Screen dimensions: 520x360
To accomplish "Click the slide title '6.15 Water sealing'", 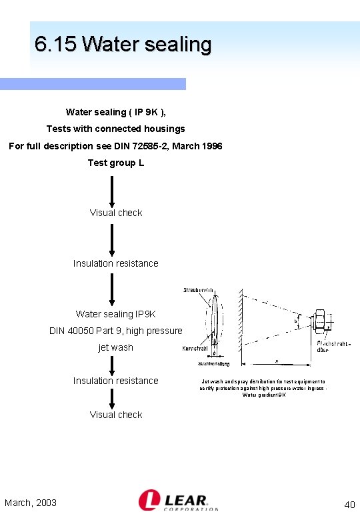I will pyautogui.click(x=123, y=45).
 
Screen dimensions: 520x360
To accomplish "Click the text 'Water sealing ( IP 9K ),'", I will pyautogui.click(x=116, y=112).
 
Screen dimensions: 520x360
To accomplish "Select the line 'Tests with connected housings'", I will pyautogui.click(x=116, y=129).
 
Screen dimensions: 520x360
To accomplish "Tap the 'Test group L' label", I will pyautogui.click(x=116, y=163).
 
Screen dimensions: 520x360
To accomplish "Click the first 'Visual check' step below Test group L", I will pyautogui.click(x=116, y=213).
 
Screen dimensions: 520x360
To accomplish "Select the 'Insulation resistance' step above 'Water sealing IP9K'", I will pyautogui.click(x=116, y=263).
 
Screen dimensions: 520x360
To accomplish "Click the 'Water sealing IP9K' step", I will pyautogui.click(x=116, y=314).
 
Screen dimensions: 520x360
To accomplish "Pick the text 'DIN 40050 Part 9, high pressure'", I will pyautogui.click(x=116, y=331).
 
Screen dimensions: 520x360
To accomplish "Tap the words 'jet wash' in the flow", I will pyautogui.click(x=116, y=347).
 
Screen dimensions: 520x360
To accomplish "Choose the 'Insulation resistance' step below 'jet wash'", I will pyautogui.click(x=116, y=381).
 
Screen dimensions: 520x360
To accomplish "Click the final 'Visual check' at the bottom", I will pyautogui.click(x=116, y=415).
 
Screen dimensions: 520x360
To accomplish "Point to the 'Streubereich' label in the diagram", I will pyautogui.click(x=198, y=290).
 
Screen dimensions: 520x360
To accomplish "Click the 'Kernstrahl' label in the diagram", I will pyautogui.click(x=195, y=349).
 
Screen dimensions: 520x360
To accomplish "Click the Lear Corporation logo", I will pyautogui.click(x=178, y=501).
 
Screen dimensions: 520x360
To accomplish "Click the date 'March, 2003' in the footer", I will pyautogui.click(x=31, y=503).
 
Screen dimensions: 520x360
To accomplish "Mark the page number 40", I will pyautogui.click(x=349, y=505).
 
